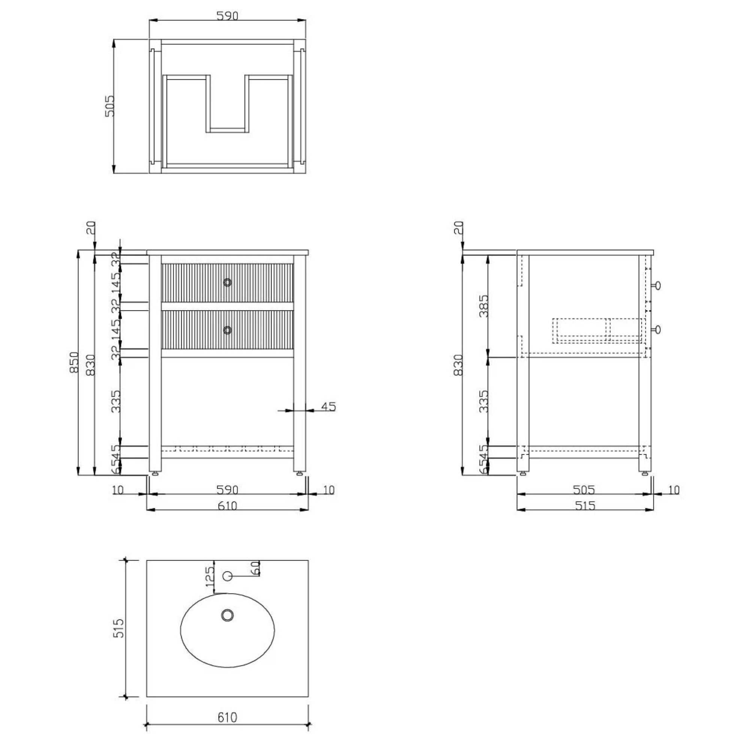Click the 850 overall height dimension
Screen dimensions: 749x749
[74, 363]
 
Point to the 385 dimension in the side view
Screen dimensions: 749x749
[483, 306]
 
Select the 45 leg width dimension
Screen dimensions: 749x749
[328, 407]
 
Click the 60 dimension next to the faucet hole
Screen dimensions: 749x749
[255, 568]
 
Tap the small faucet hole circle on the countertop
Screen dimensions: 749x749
[228, 576]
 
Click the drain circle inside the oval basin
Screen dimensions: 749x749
[228, 615]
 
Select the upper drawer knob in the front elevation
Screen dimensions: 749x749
[228, 283]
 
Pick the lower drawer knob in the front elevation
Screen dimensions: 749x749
[228, 330]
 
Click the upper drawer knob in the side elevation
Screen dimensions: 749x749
[657, 286]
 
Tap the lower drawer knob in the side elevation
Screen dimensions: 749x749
[657, 330]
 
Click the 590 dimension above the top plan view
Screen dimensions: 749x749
[227, 16]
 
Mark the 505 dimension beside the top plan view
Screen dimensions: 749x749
[110, 106]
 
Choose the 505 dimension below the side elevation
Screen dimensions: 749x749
[584, 490]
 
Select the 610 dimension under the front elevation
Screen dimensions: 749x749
[227, 506]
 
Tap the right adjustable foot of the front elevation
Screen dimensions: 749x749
[299, 473]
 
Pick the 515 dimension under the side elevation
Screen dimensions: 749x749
[585, 506]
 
